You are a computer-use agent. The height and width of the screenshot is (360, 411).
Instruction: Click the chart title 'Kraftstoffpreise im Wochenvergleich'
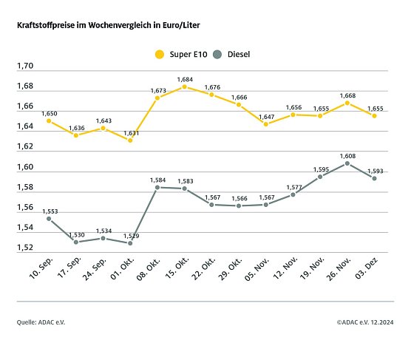[x=108, y=25]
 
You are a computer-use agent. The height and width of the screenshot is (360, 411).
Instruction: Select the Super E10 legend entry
[x=180, y=54]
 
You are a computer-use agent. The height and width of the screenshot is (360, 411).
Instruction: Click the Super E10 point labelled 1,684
[x=184, y=86]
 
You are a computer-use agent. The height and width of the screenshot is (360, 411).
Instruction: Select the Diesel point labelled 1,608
[x=347, y=163]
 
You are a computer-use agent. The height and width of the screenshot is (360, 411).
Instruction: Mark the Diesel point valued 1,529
[x=130, y=242]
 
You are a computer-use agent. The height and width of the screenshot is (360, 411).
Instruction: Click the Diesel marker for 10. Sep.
[x=48, y=219]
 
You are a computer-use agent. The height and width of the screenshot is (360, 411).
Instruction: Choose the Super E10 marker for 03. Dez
[x=375, y=115]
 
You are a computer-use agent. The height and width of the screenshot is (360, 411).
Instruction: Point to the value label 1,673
[x=157, y=90]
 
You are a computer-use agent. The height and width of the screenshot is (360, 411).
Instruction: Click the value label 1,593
[x=375, y=169]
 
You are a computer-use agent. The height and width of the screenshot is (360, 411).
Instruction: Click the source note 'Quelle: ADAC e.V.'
[x=43, y=323]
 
